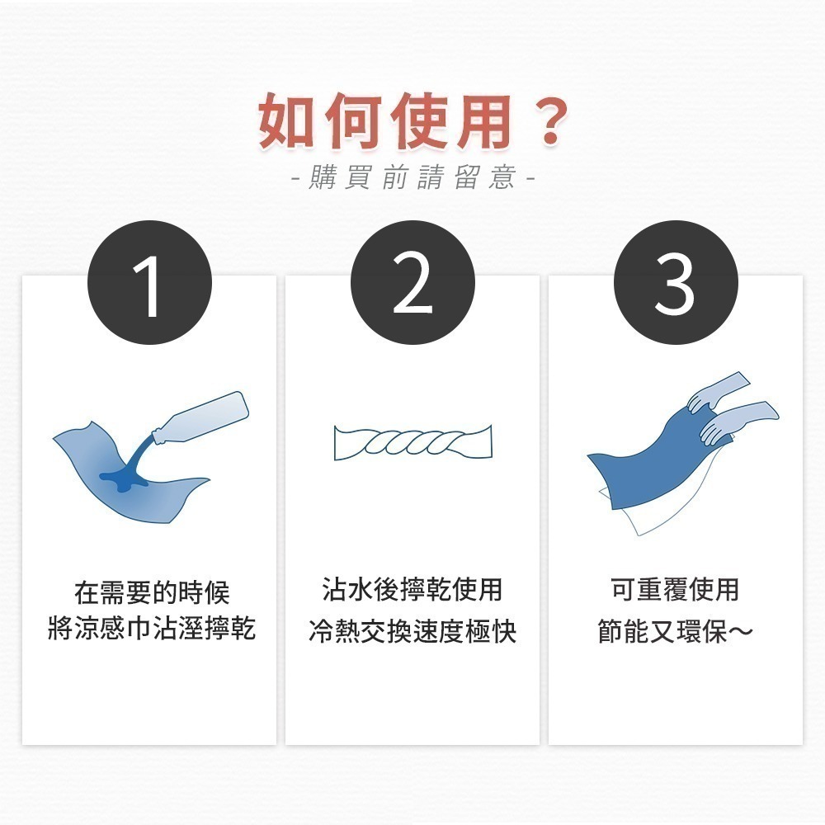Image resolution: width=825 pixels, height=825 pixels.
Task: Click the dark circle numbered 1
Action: pyautogui.click(x=149, y=283)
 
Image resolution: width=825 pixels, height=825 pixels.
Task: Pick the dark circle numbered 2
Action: pyautogui.click(x=412, y=283)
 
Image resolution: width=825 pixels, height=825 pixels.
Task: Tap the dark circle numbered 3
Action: pyautogui.click(x=676, y=283)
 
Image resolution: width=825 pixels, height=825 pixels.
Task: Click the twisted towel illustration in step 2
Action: pyautogui.click(x=412, y=443)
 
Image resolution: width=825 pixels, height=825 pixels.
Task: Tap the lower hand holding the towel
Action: pyautogui.click(x=734, y=423)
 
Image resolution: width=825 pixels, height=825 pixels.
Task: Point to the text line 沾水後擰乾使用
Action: pyautogui.click(x=412, y=591)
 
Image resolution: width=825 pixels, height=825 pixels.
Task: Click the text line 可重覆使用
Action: pyautogui.click(x=675, y=591)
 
